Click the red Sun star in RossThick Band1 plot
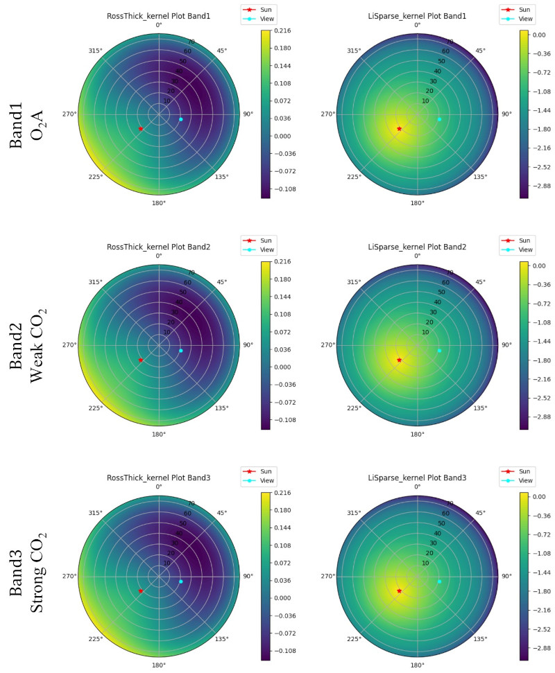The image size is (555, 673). tap(140, 129)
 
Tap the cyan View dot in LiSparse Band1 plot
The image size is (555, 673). tap(439, 119)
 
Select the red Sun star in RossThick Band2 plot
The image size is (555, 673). tap(140, 360)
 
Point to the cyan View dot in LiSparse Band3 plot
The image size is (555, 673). tap(439, 581)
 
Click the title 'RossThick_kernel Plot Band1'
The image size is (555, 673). tap(159, 16)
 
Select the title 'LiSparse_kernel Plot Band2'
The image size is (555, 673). tap(417, 247)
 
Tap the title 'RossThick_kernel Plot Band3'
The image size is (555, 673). tap(159, 478)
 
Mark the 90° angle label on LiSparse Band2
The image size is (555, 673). tap(506, 345)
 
